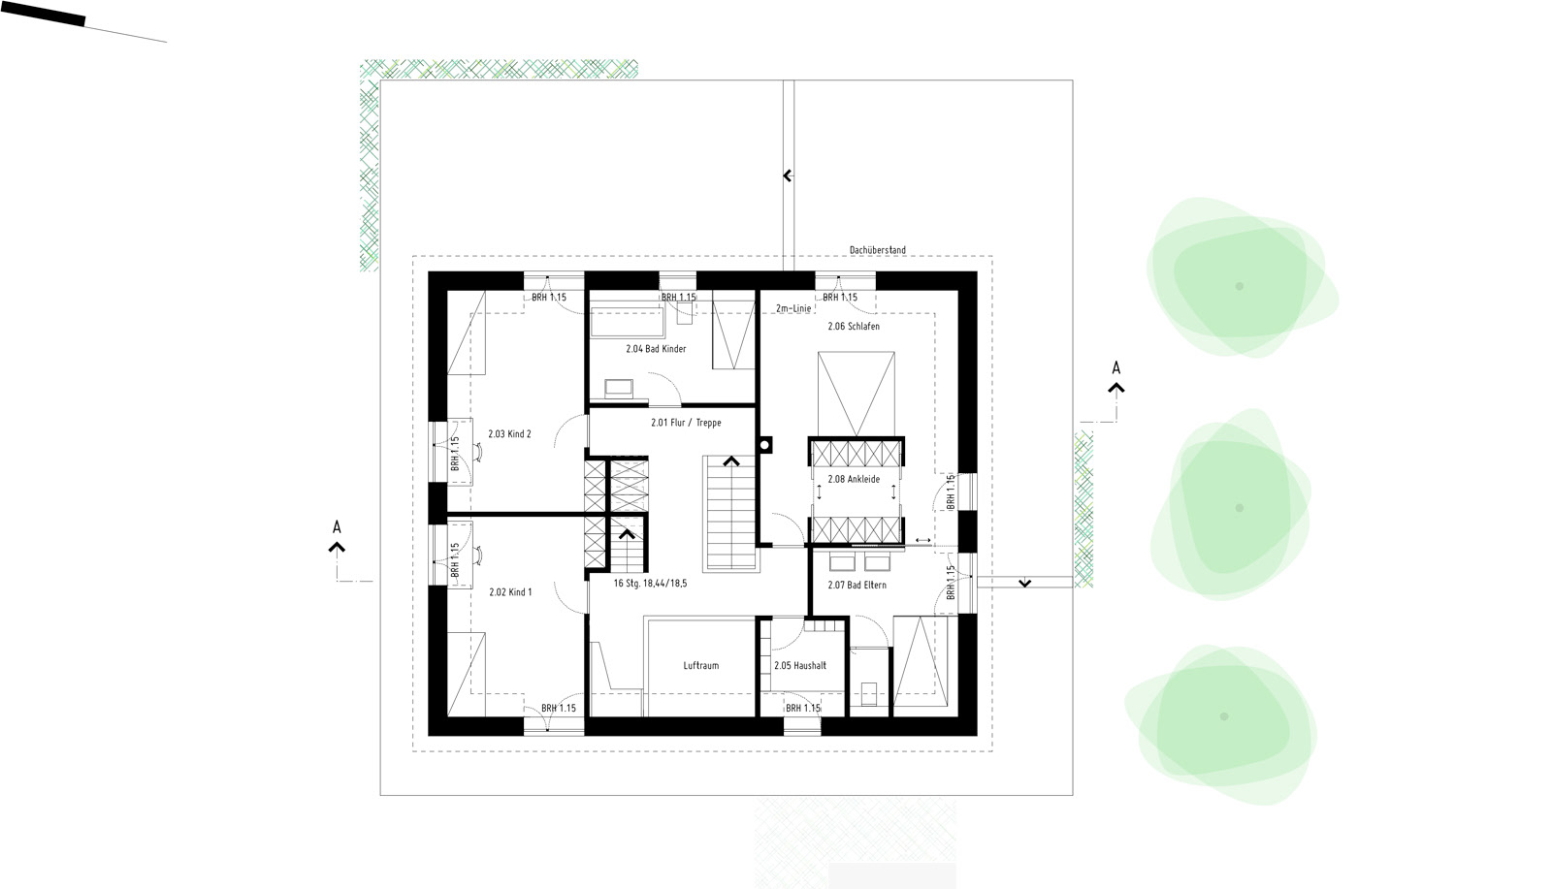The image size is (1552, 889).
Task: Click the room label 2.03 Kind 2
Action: (x=509, y=434)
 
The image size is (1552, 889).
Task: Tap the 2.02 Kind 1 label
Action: (x=510, y=592)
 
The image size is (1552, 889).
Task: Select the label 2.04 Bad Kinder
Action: (x=656, y=349)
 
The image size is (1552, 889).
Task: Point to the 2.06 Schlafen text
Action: (x=854, y=326)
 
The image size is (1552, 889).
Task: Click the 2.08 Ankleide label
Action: (x=854, y=479)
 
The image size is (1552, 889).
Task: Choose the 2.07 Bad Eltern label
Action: (x=857, y=585)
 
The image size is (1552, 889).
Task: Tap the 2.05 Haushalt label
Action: (x=800, y=665)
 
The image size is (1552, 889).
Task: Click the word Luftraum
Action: (x=701, y=665)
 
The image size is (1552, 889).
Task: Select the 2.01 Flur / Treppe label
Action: (x=686, y=423)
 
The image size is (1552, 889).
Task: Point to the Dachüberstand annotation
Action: (x=877, y=250)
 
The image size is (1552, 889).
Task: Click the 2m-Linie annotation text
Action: (x=793, y=309)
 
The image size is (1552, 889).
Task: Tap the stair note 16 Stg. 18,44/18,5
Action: (x=650, y=584)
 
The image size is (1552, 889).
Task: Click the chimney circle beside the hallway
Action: (x=765, y=445)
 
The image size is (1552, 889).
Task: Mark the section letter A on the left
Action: (x=337, y=527)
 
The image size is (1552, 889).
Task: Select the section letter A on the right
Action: (x=1115, y=367)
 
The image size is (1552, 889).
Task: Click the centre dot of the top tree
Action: (x=1239, y=286)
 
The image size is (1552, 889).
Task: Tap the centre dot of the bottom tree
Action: (x=1223, y=716)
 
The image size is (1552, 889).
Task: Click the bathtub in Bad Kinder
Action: (x=627, y=321)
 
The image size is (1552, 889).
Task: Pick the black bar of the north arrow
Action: (x=43, y=14)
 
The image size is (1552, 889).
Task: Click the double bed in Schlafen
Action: (x=857, y=394)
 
